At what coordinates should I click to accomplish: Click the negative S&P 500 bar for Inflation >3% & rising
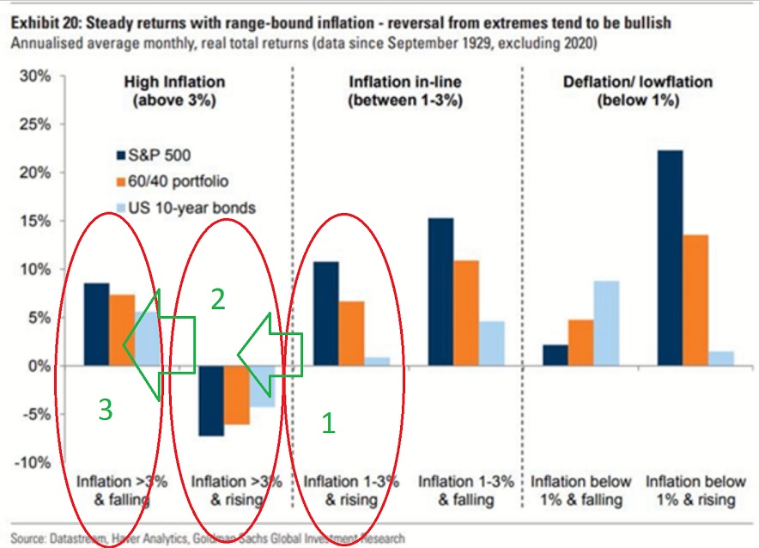211,400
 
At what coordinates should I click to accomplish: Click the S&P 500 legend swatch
121,155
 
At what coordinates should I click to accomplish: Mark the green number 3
105,411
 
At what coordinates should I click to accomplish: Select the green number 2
219,299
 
